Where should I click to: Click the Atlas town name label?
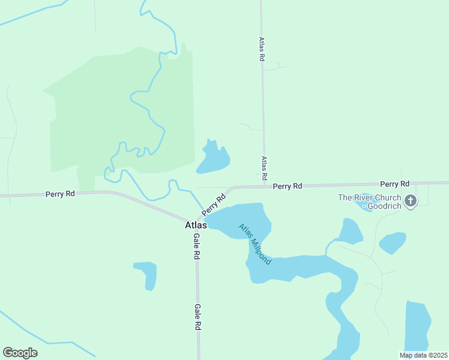pos(196,226)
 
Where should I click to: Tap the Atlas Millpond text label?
pos(255,244)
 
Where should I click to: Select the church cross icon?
pos(411,201)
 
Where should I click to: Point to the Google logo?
pos(20,353)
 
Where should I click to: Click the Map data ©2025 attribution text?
pos(423,355)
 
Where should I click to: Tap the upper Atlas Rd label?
pos(262,50)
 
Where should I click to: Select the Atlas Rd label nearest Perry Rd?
pos(264,169)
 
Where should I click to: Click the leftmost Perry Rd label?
pos(61,194)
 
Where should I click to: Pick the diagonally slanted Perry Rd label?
pos(214,205)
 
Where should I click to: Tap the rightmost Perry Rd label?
pos(394,184)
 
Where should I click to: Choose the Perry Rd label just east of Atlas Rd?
pos(287,187)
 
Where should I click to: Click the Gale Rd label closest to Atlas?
pos(196,246)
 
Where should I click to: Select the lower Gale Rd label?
pos(197,317)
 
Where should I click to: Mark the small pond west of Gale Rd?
pos(148,274)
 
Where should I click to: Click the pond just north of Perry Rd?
pos(212,160)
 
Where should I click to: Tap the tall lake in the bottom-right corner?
pos(417,327)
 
